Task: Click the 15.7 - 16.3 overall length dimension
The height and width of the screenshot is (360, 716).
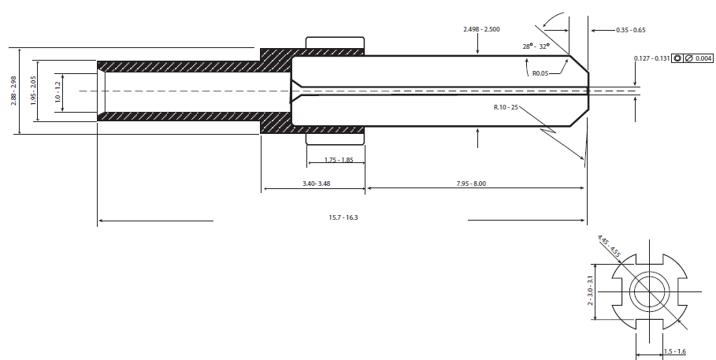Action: point(343,217)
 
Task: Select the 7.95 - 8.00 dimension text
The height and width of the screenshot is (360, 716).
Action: point(471,184)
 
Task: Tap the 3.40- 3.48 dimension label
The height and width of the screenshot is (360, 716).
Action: point(316,184)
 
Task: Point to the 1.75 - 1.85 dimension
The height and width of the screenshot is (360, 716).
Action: point(339,160)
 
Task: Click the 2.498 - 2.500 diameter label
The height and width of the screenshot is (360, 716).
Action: point(481,29)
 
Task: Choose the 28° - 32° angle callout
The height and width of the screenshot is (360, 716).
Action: point(536,46)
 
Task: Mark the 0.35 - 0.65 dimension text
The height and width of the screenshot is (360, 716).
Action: point(631,30)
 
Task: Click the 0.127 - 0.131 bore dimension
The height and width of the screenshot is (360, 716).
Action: point(651,58)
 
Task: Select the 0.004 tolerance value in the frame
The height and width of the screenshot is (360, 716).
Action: point(703,58)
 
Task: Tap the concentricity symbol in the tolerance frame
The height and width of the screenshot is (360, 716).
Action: point(677,58)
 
